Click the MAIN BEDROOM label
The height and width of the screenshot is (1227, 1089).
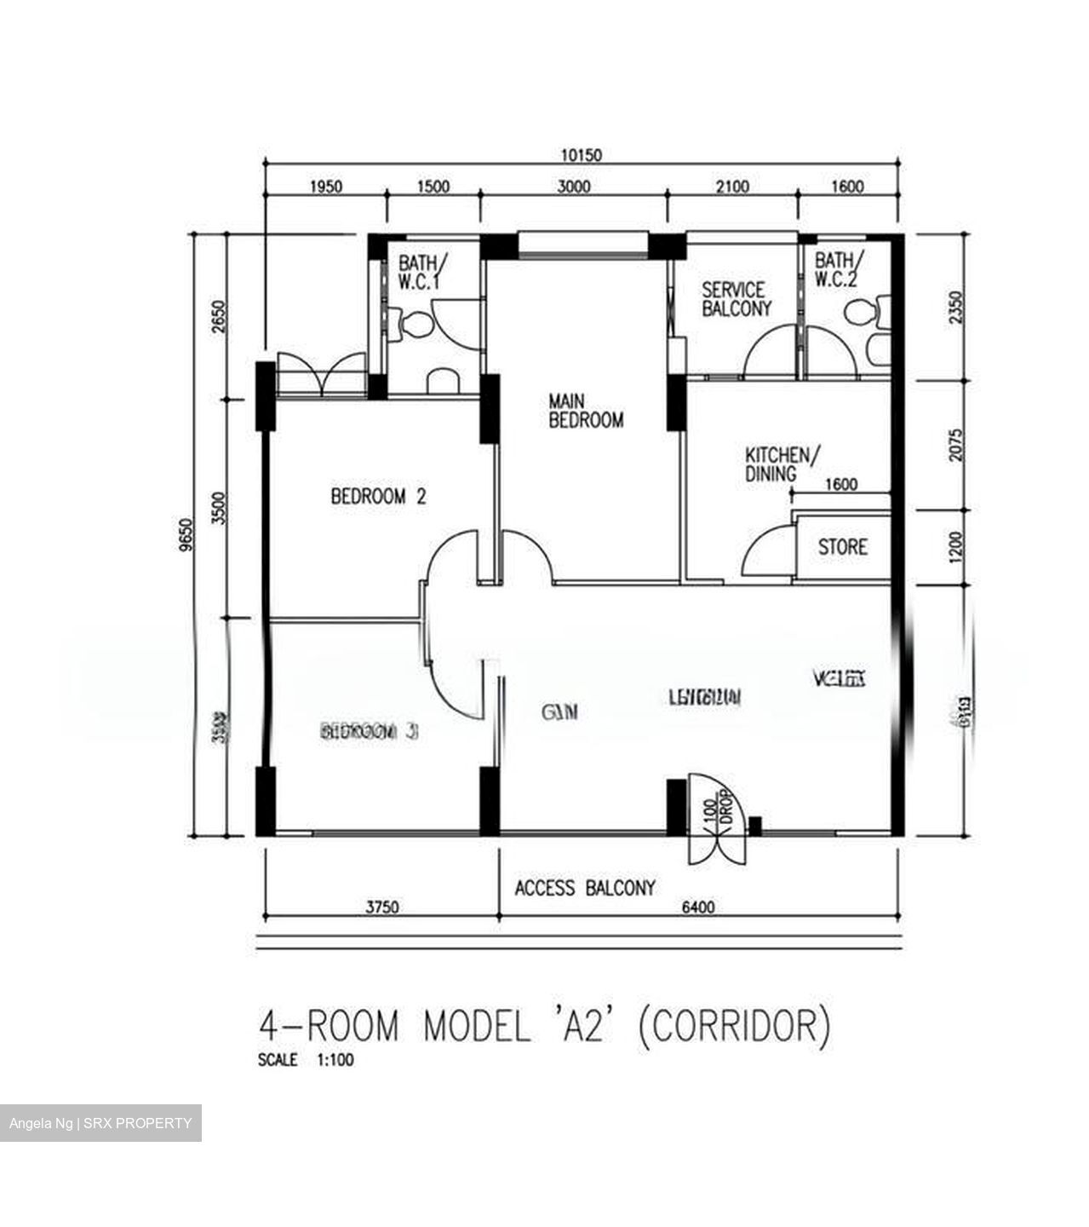586,410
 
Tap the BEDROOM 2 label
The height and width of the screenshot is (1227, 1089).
377,496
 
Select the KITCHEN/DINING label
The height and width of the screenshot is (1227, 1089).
782,464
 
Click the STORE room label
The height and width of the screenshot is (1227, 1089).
842,546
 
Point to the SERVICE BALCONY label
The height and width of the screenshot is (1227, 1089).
736,299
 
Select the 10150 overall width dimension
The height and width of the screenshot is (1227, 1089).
581,155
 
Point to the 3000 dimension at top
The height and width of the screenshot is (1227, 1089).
573,187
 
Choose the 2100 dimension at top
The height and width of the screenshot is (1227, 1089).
731,187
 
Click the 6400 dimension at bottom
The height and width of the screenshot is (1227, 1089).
697,907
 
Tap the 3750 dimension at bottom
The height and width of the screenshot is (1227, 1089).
382,907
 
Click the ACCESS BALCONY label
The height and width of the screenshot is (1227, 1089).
585,888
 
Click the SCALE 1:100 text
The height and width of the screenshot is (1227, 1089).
306,1061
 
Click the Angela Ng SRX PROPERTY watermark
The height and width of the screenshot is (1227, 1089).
100,1123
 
